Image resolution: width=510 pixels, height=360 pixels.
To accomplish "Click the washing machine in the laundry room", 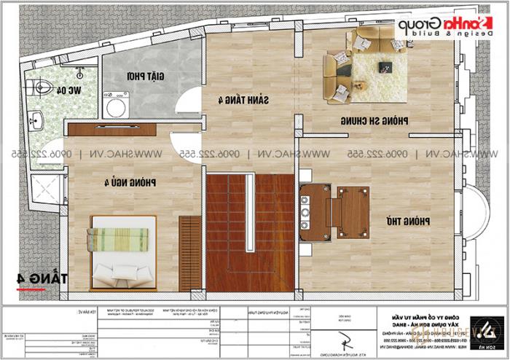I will [x=115, y=107].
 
